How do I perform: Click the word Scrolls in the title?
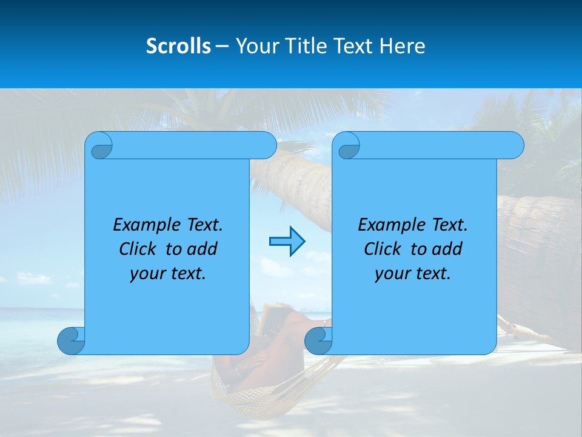[x=178, y=46]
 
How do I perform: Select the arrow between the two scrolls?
[x=287, y=242]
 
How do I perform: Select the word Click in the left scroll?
[x=138, y=249]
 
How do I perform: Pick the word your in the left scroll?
[x=147, y=274]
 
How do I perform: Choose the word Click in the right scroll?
[x=383, y=249]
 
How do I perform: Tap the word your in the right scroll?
[x=392, y=274]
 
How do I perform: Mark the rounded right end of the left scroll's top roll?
[x=267, y=146]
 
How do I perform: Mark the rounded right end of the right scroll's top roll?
[x=515, y=146]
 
